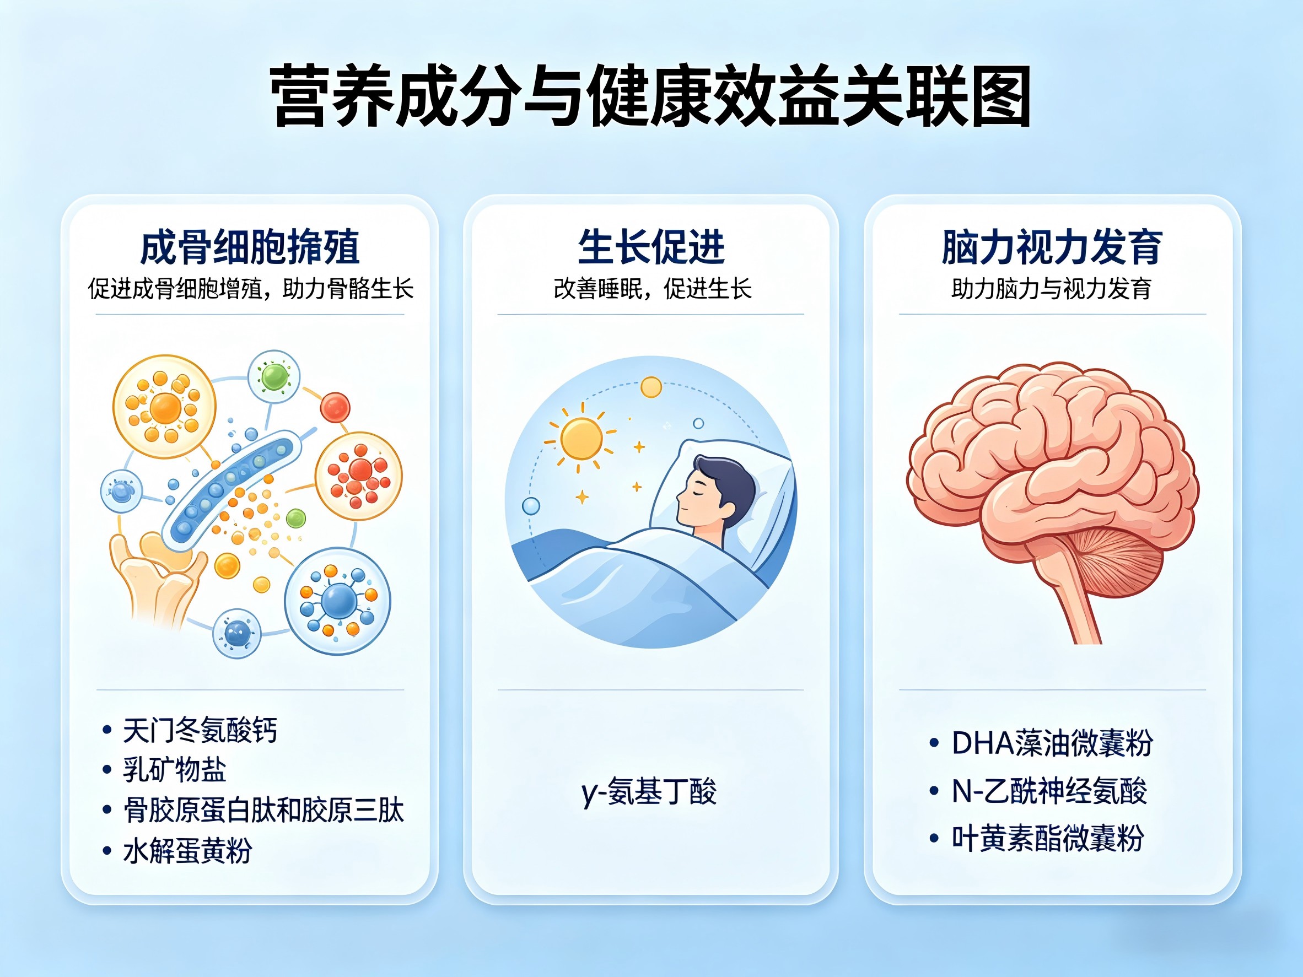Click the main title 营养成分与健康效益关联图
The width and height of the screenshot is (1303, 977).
point(650,96)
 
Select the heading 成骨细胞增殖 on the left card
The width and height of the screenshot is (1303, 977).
point(250,247)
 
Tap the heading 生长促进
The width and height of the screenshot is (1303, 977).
point(651,247)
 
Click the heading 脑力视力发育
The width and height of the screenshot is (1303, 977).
point(1052,247)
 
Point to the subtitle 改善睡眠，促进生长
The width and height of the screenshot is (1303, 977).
point(652,289)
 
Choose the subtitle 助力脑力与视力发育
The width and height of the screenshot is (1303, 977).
point(1052,289)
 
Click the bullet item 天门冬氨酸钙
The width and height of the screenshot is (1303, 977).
point(200,730)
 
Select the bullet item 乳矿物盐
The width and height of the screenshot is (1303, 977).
point(174,770)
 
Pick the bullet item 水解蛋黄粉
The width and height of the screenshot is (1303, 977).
point(187,850)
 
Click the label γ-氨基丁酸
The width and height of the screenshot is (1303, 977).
point(649,791)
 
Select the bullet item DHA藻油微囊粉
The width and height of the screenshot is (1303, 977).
point(1052,743)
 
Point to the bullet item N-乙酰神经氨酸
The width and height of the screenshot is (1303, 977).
point(1049,791)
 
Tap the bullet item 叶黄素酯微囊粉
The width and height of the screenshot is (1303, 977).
point(1048,838)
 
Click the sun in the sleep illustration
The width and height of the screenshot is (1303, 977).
point(581,439)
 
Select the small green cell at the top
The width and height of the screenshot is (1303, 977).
point(274,377)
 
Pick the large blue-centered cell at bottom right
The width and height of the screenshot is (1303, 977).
point(337,601)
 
